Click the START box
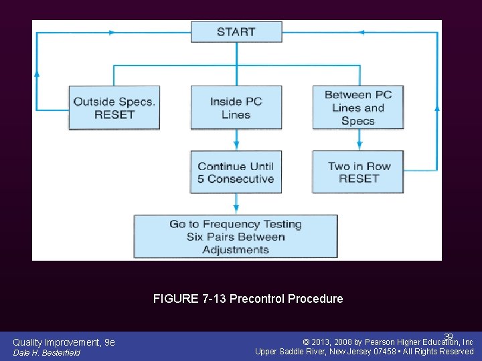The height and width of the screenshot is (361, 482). point(236,31)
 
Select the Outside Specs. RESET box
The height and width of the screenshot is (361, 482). point(114,108)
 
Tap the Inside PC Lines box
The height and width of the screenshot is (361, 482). point(236,108)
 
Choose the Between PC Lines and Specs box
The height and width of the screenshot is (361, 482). point(358,108)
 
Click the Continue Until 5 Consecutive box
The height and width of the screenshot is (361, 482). point(236,172)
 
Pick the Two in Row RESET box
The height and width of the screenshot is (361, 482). point(358,172)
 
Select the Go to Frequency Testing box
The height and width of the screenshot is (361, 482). point(236,237)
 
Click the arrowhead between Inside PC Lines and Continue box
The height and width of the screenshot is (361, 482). point(236,146)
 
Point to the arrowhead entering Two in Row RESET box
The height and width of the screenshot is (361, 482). point(359,146)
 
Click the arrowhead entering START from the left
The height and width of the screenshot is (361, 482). point(187,31)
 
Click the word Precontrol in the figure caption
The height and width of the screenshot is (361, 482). point(257,299)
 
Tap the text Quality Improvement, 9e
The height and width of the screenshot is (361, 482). point(64,342)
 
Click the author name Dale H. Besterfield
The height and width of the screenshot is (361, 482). point(46,353)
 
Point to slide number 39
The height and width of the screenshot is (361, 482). point(449,337)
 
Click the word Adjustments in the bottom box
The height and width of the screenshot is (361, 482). point(236,250)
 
